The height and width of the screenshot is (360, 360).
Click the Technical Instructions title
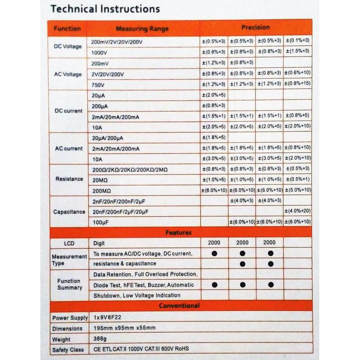105,9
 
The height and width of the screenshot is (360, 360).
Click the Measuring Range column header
142,29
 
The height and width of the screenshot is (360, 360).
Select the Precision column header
255,27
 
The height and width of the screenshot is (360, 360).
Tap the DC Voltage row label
68,47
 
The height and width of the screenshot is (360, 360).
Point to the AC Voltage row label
68,74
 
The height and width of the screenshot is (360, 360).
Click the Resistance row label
68,179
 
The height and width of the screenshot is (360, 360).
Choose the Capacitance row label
69,212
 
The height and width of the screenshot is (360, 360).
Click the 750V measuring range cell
98,85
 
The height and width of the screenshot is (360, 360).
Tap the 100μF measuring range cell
101,222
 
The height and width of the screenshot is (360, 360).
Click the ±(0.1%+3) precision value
298,41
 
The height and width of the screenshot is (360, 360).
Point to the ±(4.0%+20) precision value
298,211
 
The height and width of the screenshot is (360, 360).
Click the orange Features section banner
179,232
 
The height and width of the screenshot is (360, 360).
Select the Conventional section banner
179,306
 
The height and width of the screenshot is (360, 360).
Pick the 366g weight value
100,339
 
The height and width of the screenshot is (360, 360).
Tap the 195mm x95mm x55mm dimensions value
124,328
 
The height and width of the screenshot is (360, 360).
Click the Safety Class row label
67,349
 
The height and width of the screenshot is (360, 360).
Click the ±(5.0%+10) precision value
298,190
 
